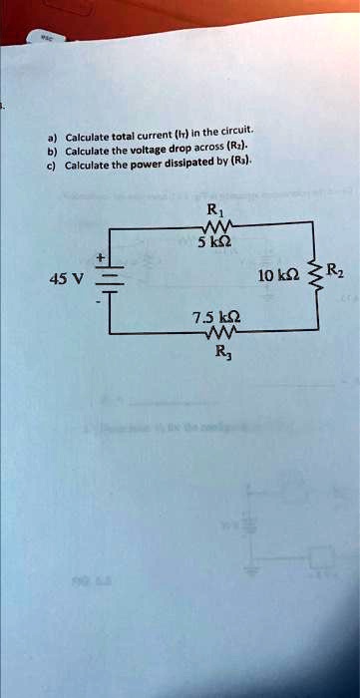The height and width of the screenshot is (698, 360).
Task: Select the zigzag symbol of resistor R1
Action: (214, 228)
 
